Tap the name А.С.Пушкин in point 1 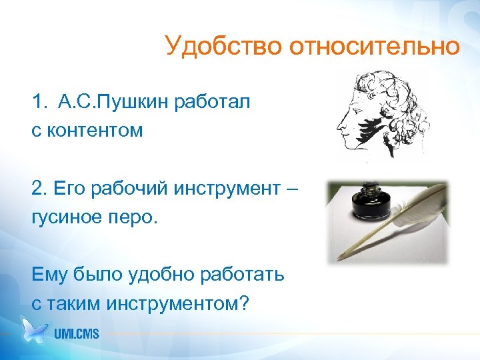115,103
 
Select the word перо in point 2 134,217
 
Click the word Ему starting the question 49,275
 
